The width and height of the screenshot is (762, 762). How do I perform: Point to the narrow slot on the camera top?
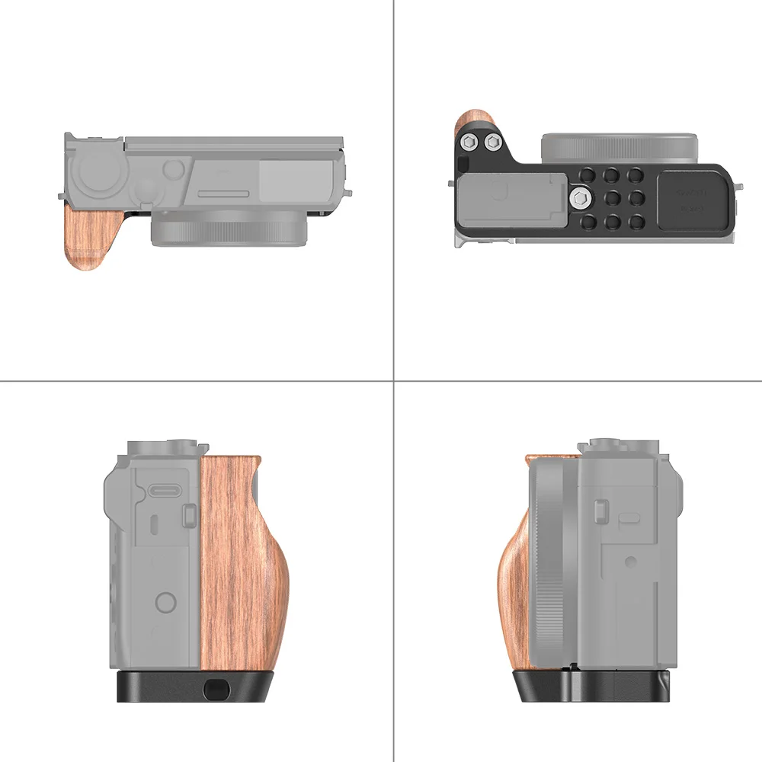pyautogui.click(x=223, y=194)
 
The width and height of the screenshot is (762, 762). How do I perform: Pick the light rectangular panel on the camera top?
pyautogui.click(x=293, y=180)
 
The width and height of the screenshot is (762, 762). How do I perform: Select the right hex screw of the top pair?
pyautogui.click(x=491, y=142)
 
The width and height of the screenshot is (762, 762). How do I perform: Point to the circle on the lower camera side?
pyautogui.click(x=166, y=603)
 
